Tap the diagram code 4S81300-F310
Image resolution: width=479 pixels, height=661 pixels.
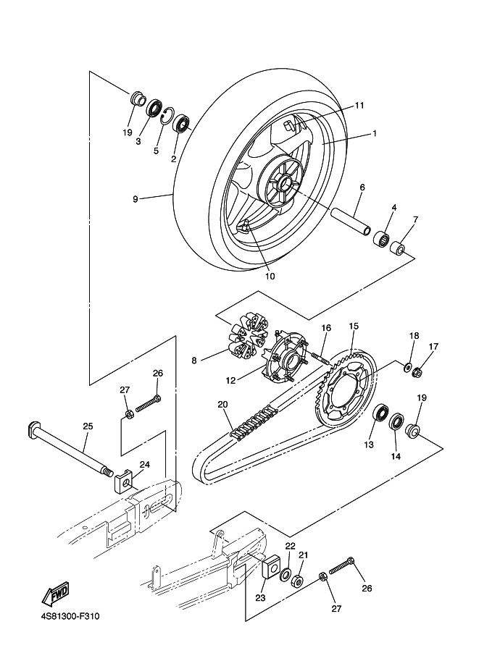pos(70,617)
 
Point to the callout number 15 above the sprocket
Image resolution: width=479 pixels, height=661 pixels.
pos(354,326)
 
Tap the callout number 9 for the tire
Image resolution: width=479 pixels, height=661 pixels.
pos(135,198)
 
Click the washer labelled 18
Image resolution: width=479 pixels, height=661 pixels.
pos(408,367)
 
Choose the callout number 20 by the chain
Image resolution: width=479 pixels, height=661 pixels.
pos(222,405)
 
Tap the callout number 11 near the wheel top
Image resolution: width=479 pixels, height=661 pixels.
pos(359,106)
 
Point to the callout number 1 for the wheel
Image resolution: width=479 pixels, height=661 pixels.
pos(375,133)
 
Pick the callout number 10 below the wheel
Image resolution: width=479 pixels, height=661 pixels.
pos(270,276)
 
